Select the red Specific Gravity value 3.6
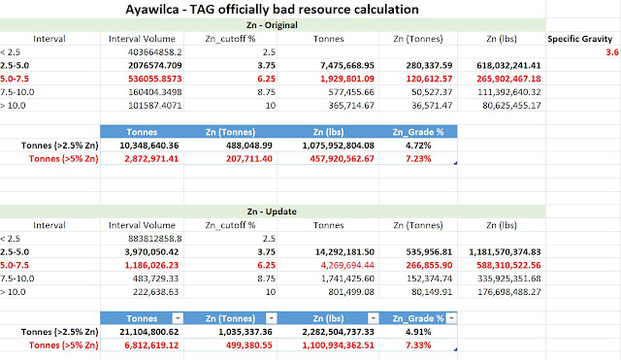(612, 51)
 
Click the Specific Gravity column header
(580, 39)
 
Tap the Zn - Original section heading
(272, 25)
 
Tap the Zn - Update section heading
(272, 212)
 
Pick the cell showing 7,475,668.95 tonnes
(347, 65)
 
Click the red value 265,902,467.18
(508, 79)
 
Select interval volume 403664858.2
(155, 52)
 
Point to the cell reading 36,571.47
(432, 106)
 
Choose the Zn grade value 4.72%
(418, 146)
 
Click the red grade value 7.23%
(418, 159)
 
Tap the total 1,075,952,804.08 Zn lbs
(339, 146)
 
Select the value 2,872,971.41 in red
(151, 159)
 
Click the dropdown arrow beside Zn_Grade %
(451, 318)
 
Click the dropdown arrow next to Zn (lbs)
(373, 318)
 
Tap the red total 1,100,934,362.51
(339, 344)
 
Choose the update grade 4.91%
(418, 332)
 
